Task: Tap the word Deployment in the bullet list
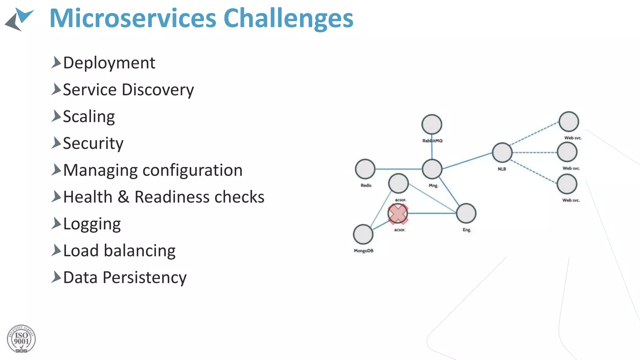point(109,63)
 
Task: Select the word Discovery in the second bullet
point(158,90)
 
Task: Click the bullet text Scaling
point(89,117)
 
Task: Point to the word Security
point(93,143)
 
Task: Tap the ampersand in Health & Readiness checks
point(123,197)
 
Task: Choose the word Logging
point(92,224)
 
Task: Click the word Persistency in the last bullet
point(144,277)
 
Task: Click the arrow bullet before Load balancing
point(56,250)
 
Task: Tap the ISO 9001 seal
point(21,339)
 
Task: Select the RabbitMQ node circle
point(432,124)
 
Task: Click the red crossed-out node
point(398,214)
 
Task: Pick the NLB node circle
point(502,152)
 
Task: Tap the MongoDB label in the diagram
point(363,251)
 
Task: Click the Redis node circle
point(365,169)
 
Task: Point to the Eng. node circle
point(466,213)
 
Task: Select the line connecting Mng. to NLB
point(467,161)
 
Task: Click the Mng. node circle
point(432,169)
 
